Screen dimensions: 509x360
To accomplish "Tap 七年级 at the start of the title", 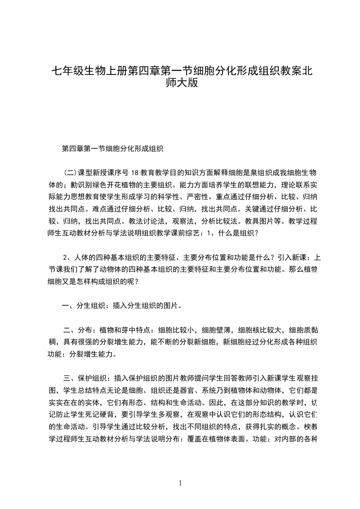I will [67, 71].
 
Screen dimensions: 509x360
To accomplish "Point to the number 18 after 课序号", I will [134, 173].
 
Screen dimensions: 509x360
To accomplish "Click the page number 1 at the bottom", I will [180, 484].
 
